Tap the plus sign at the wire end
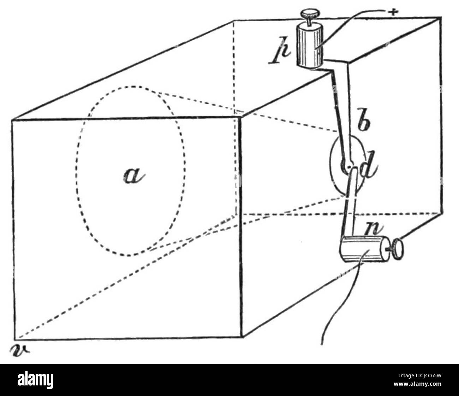(x=393, y=12)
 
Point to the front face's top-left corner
(x=12, y=120)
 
